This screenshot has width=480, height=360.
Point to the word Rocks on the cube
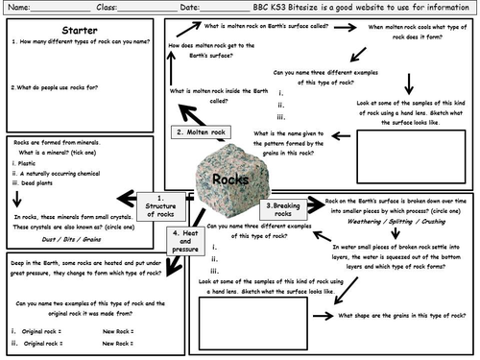[x=231, y=180]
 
